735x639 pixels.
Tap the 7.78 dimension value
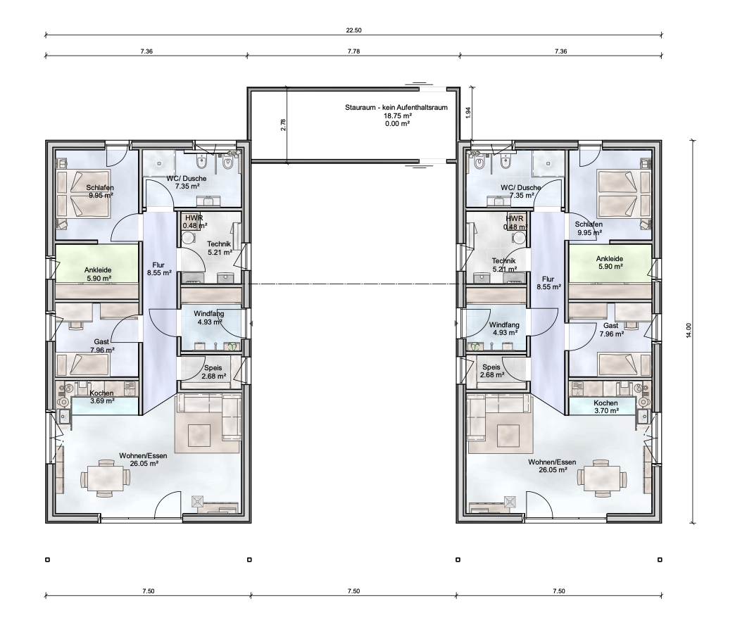(x=353, y=51)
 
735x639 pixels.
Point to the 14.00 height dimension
(x=689, y=331)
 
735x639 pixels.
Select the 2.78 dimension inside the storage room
(x=283, y=125)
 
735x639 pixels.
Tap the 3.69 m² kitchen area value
(x=99, y=401)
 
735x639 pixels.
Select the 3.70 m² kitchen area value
(x=605, y=410)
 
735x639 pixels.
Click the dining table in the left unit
(x=106, y=479)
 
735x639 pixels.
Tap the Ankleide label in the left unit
(x=99, y=269)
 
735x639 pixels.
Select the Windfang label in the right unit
(x=503, y=324)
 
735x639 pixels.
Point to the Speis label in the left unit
(x=213, y=368)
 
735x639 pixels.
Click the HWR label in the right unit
(x=515, y=219)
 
